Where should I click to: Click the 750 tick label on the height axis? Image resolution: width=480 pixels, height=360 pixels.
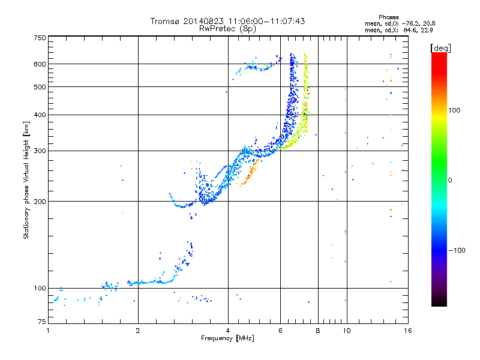[x=40, y=38]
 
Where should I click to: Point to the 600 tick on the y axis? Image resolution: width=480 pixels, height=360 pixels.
[x=40, y=64]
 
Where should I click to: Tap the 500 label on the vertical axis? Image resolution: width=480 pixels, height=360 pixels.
[x=40, y=87]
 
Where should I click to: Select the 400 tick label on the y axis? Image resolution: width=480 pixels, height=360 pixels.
[x=40, y=115]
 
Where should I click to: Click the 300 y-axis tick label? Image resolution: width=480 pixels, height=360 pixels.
[x=40, y=151]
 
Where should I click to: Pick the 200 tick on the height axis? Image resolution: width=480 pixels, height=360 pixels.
[x=40, y=202]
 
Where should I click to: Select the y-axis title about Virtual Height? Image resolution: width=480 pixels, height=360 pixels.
[x=27, y=180]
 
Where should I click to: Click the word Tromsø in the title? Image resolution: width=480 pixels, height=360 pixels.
[x=165, y=21]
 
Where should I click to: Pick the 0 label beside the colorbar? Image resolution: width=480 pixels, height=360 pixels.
[x=451, y=180]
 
